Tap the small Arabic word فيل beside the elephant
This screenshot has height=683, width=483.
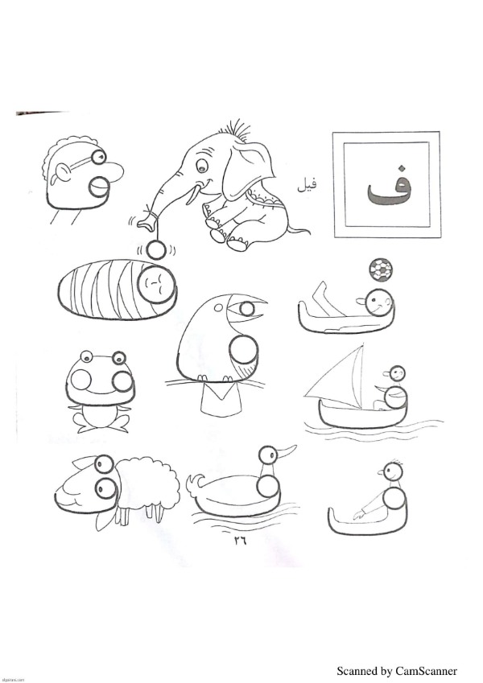(x=307, y=185)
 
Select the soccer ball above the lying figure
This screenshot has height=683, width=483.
(x=381, y=269)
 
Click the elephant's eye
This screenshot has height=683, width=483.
(x=201, y=166)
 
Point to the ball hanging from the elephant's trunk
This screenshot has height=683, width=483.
(x=155, y=250)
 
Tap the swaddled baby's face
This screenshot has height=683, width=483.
(x=157, y=285)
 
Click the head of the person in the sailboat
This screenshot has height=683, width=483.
(x=397, y=373)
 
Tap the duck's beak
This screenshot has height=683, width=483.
(x=287, y=451)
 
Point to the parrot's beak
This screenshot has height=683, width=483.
(x=246, y=309)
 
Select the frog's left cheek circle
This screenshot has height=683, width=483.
(x=81, y=380)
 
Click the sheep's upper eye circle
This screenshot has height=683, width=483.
(x=104, y=464)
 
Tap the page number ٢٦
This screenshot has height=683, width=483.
(x=240, y=541)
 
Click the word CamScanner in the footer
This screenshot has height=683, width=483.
(x=426, y=671)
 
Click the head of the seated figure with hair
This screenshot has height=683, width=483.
(x=393, y=471)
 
